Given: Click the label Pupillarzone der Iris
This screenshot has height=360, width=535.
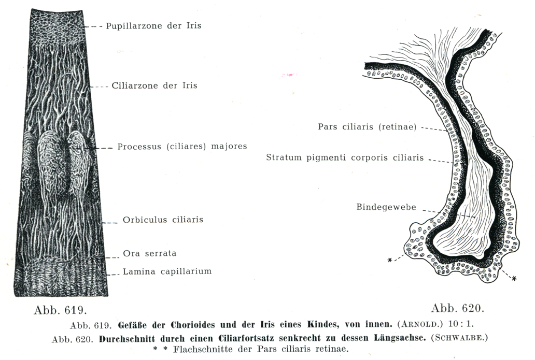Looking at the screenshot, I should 153,25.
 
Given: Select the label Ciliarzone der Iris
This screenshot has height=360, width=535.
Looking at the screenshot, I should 154,85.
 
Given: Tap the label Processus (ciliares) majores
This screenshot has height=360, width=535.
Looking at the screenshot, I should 182,147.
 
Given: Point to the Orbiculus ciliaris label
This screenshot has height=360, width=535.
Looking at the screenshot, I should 163,220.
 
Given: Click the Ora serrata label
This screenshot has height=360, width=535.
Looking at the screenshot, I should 149,254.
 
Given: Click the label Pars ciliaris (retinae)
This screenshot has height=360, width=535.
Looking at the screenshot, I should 368,127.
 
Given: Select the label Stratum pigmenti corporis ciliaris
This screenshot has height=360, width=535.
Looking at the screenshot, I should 345,157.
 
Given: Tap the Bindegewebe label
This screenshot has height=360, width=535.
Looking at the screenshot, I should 386,207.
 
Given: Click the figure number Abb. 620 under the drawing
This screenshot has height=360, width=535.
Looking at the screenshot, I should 457,309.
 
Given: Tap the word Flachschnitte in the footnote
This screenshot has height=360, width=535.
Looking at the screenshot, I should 201,349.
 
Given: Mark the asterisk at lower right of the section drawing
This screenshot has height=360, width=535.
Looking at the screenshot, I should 514,279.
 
